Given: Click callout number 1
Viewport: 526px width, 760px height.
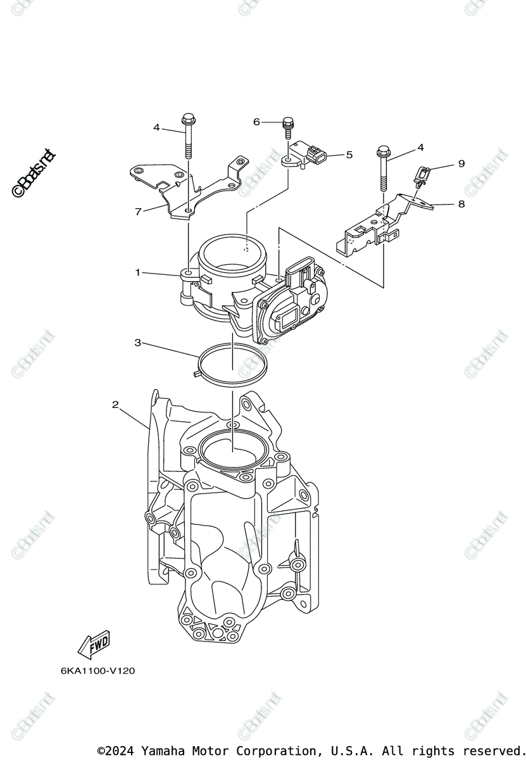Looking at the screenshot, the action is (x=137, y=272).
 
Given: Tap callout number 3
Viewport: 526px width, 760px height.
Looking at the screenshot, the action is (x=137, y=343).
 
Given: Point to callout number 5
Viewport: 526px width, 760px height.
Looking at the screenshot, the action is (x=349, y=154).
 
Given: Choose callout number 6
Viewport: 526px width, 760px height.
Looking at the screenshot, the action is (x=257, y=122).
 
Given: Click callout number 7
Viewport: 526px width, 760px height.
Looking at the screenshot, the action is (x=138, y=212).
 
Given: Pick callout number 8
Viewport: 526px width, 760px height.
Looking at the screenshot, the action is (x=461, y=204).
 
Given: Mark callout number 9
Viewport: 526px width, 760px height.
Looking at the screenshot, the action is (x=461, y=164).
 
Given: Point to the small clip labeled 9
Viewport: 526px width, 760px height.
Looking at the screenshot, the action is (x=422, y=174).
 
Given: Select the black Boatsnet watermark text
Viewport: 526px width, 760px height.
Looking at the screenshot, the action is (x=34, y=172).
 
